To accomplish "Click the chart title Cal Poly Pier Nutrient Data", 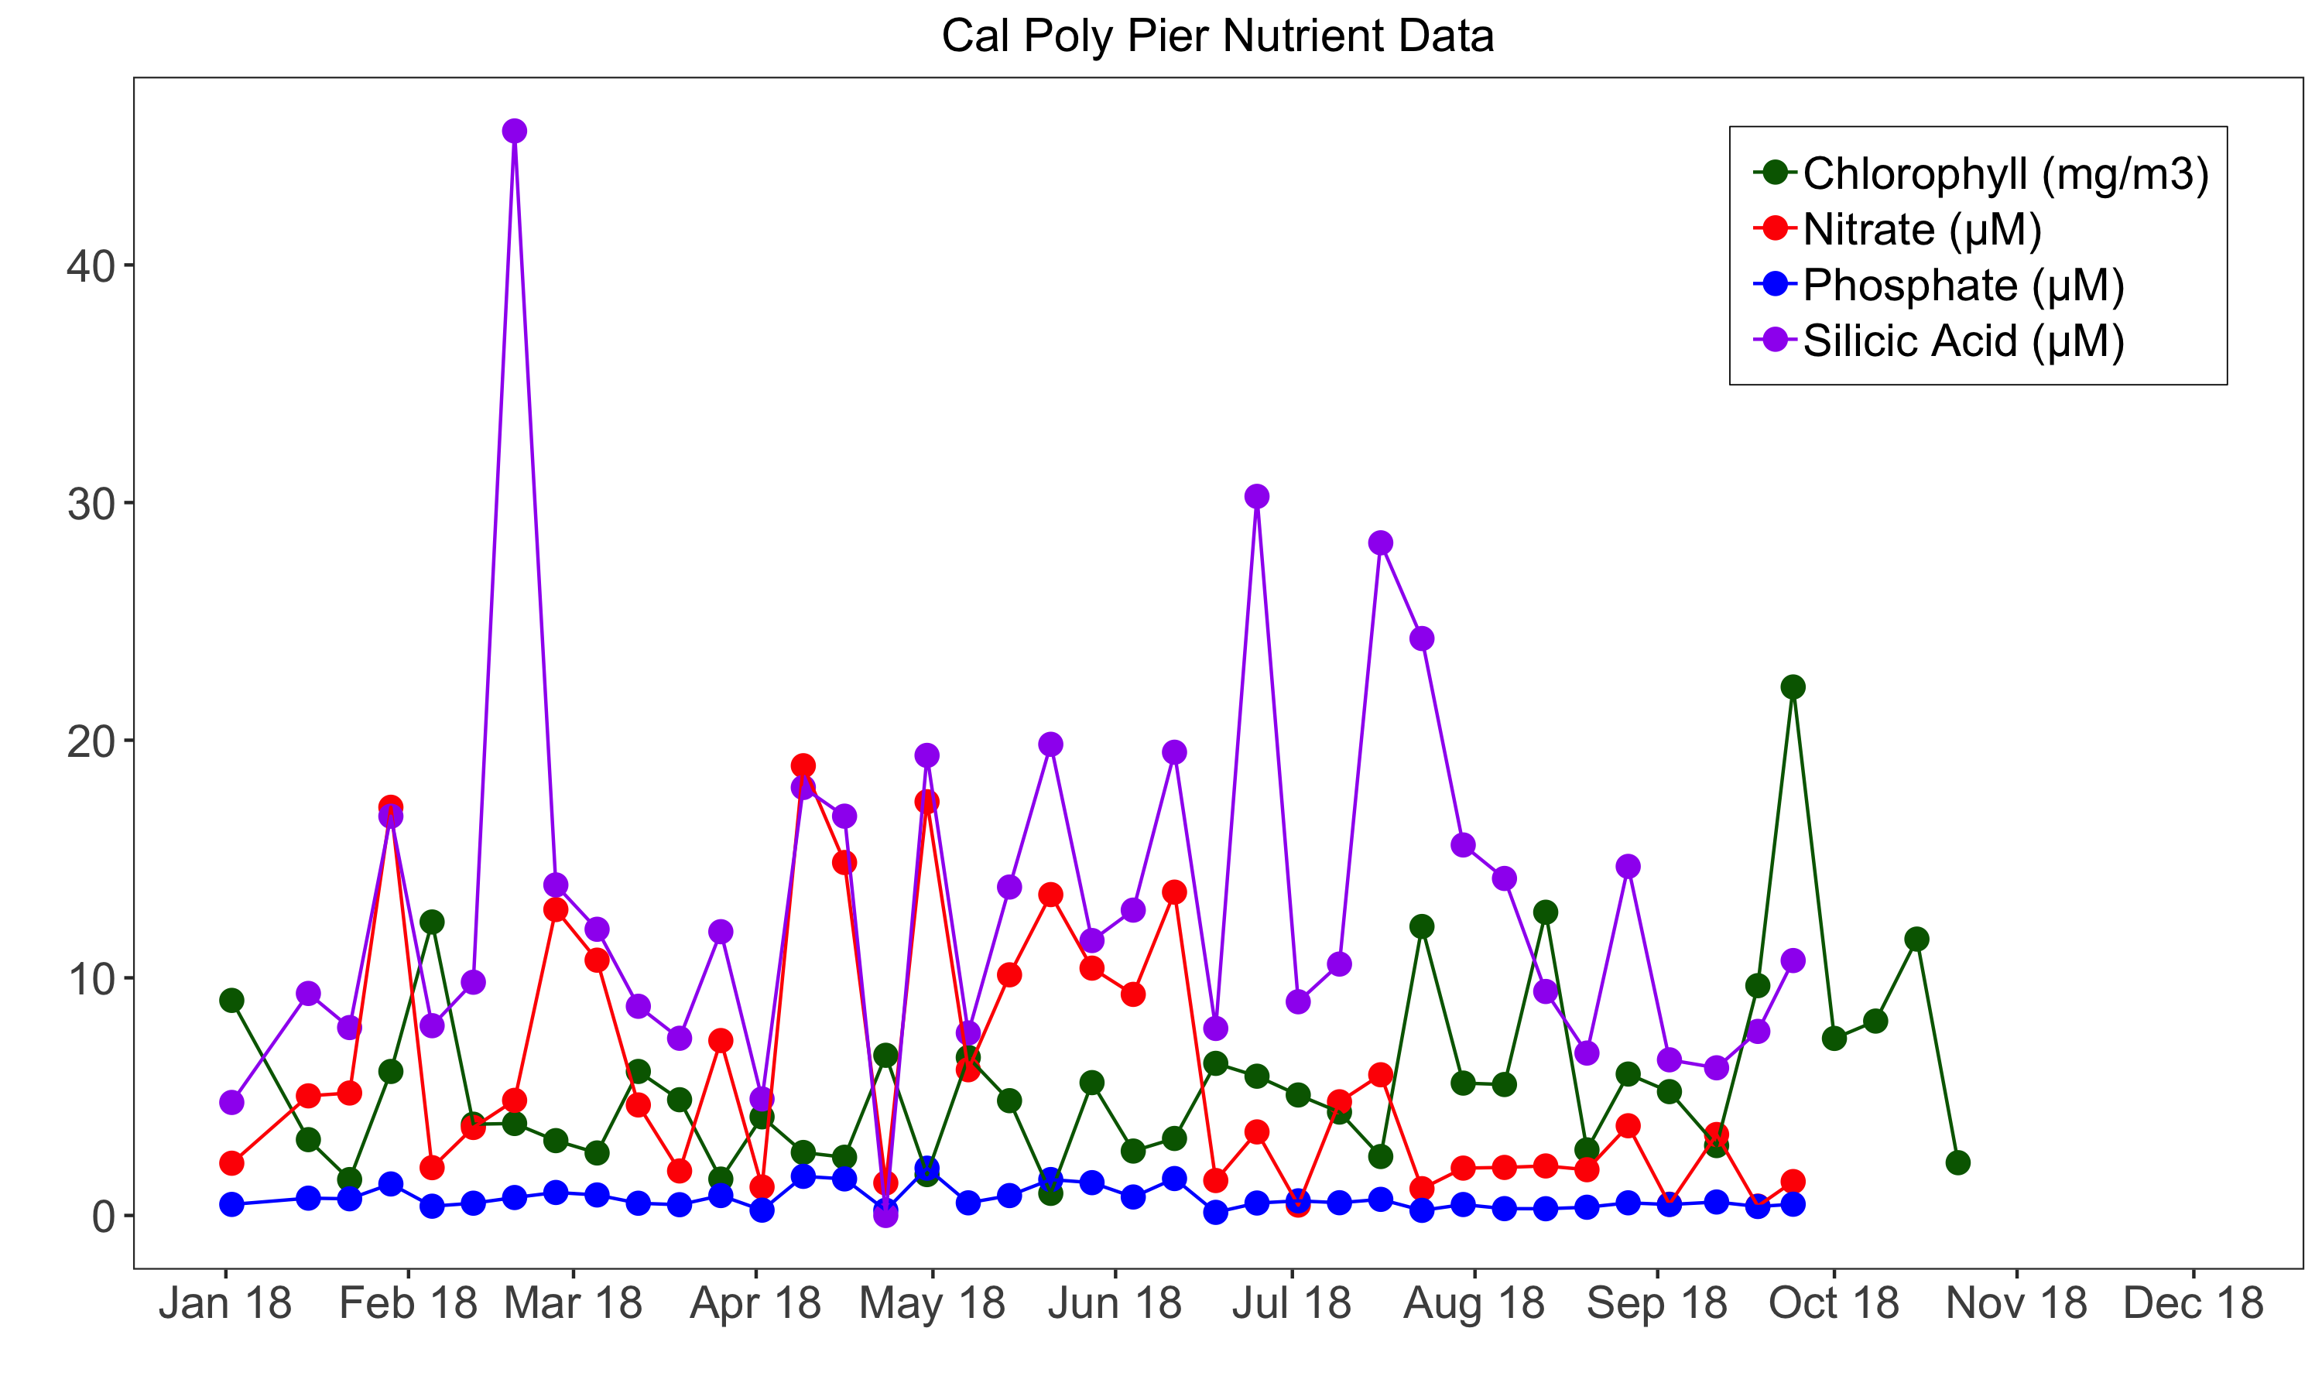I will coord(1218,36).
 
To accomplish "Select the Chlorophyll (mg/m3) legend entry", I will coord(2005,173).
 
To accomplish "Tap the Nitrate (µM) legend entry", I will coord(1921,229).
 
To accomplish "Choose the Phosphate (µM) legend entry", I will coord(1963,285).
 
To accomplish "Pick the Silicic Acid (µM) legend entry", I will coord(1963,341).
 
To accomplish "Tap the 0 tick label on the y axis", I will coord(103,1217).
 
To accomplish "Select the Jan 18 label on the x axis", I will coord(225,1304).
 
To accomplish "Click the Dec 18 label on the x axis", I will coord(2194,1304).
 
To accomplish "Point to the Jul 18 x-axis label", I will coord(1292,1304).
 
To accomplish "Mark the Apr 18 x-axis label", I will coord(755,1304).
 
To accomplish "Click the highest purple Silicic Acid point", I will coord(515,131).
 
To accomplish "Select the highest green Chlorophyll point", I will coord(1793,687).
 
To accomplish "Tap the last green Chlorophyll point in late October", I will coord(1958,1163).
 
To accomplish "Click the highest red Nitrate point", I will coord(803,765).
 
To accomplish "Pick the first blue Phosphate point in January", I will coord(232,1204).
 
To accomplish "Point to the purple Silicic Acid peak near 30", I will coord(1257,497).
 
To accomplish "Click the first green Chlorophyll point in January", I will coord(232,1001).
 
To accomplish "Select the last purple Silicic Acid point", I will coord(1793,960).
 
